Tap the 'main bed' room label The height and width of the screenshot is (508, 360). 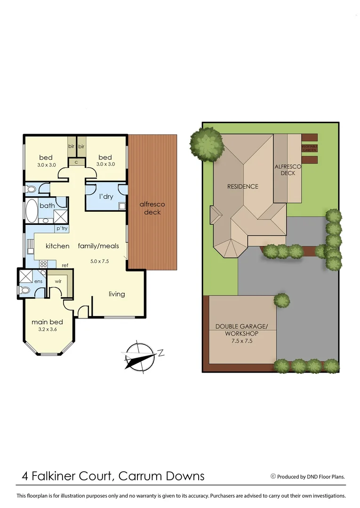click(x=47, y=322)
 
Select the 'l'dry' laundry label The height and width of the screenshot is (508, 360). click(x=105, y=197)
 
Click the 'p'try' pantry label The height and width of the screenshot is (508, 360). click(x=62, y=229)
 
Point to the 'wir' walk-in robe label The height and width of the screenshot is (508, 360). click(x=58, y=281)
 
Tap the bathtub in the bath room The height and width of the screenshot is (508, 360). click(x=32, y=212)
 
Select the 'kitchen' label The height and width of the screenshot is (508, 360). click(x=57, y=246)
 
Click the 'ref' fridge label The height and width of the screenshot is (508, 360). click(x=65, y=266)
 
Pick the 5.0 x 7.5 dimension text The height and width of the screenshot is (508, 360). click(x=99, y=261)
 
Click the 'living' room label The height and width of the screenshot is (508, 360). click(x=117, y=294)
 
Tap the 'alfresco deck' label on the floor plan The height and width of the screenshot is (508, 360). click(x=152, y=208)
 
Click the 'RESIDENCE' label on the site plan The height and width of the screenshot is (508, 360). click(x=243, y=186)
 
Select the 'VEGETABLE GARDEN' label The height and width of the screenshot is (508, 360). click(x=310, y=148)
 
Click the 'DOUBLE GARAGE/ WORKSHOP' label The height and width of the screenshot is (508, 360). click(x=242, y=330)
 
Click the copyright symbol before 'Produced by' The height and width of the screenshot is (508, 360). click(x=273, y=476)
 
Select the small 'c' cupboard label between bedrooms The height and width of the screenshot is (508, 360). click(x=76, y=162)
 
